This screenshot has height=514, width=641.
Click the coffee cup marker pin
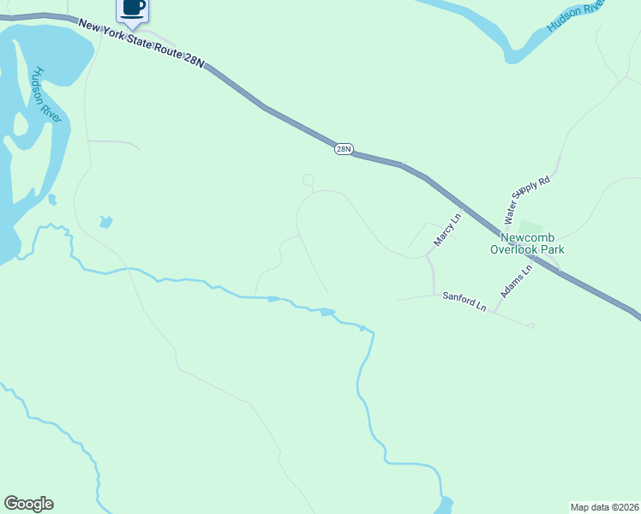coord(132,9)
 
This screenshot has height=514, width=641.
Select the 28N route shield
coord(343,149)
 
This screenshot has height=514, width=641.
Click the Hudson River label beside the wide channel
coord(46,94)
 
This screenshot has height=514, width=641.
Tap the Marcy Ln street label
coord(446,230)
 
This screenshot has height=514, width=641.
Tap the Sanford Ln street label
coord(464,301)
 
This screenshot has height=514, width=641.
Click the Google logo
coord(28,504)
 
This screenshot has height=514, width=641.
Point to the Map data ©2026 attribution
coord(604,506)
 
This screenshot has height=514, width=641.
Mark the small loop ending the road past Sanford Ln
coord(530,326)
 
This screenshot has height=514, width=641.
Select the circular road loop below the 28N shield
coord(309,180)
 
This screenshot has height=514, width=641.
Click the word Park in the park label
coord(553,250)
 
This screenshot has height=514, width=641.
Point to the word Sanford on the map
coord(458,299)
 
